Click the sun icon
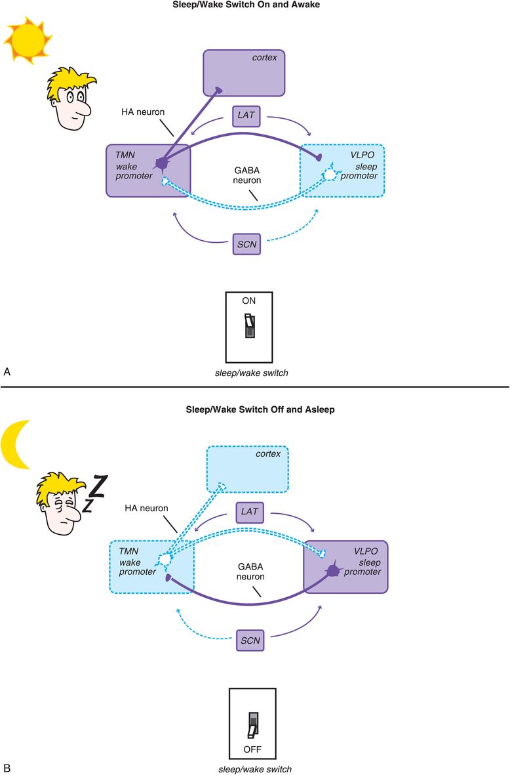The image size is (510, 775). point(28,39)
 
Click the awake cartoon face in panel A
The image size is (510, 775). point(71,101)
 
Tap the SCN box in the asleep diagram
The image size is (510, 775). point(250,640)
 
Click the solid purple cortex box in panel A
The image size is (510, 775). point(244,73)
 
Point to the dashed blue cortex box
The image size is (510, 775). point(247,469)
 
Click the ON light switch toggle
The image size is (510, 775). point(250,326)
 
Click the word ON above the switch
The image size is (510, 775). point(249,301)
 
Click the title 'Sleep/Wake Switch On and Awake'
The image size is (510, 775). point(254,6)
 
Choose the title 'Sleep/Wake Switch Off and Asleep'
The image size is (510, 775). point(254,409)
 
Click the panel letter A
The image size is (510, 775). point(7,371)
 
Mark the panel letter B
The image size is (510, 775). point(7,766)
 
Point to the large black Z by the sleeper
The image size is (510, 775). point(97,486)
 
